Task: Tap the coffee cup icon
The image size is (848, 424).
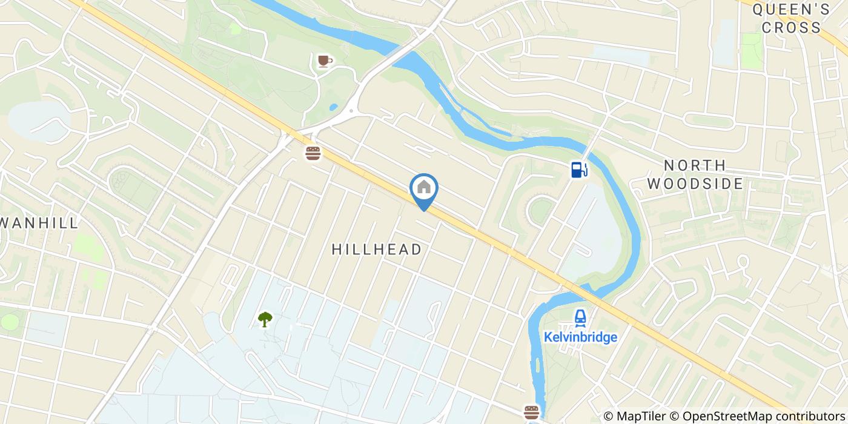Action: coord(324,61)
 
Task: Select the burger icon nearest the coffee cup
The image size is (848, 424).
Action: coord(313,153)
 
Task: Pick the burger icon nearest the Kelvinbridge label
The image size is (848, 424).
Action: coord(531,412)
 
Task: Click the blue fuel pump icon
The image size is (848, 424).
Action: coord(578,170)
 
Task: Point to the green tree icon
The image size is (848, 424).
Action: coord(265,319)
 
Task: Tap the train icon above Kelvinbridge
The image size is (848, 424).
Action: coord(580,317)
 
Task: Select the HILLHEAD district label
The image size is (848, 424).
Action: coord(377,249)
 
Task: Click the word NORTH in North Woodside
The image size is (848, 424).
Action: coord(695,165)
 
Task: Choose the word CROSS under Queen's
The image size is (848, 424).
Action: coord(791,27)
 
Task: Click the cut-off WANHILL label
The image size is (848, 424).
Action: coord(39,223)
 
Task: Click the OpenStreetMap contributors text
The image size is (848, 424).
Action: coord(762,416)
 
